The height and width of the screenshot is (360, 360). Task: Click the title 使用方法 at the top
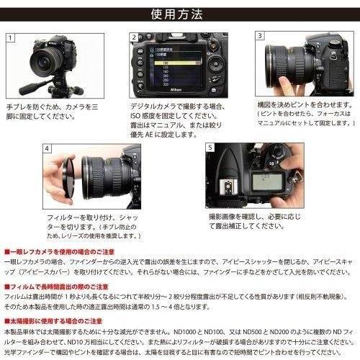pyautogui.click(x=179, y=14)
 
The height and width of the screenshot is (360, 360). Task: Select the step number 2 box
pyautogui.click(x=134, y=37)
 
